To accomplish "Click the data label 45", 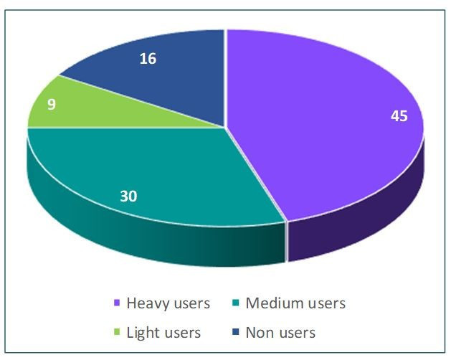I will pos(399,116).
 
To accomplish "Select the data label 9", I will pos(52,103).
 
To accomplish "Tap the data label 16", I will pos(148,59).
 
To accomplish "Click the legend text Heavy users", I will pos(168,303).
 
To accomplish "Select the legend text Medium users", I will pos(295,303).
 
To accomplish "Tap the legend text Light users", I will pos(163,333).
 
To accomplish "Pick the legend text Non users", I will pos(280,333).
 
